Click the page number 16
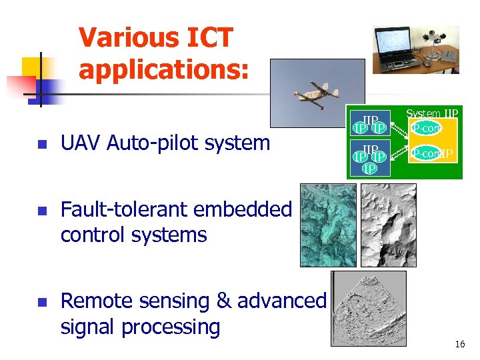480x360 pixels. coord(459,345)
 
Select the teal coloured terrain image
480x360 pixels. coord(328,225)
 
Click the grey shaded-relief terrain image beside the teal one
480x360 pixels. coord(388,225)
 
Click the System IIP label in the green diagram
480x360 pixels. coord(433,114)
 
